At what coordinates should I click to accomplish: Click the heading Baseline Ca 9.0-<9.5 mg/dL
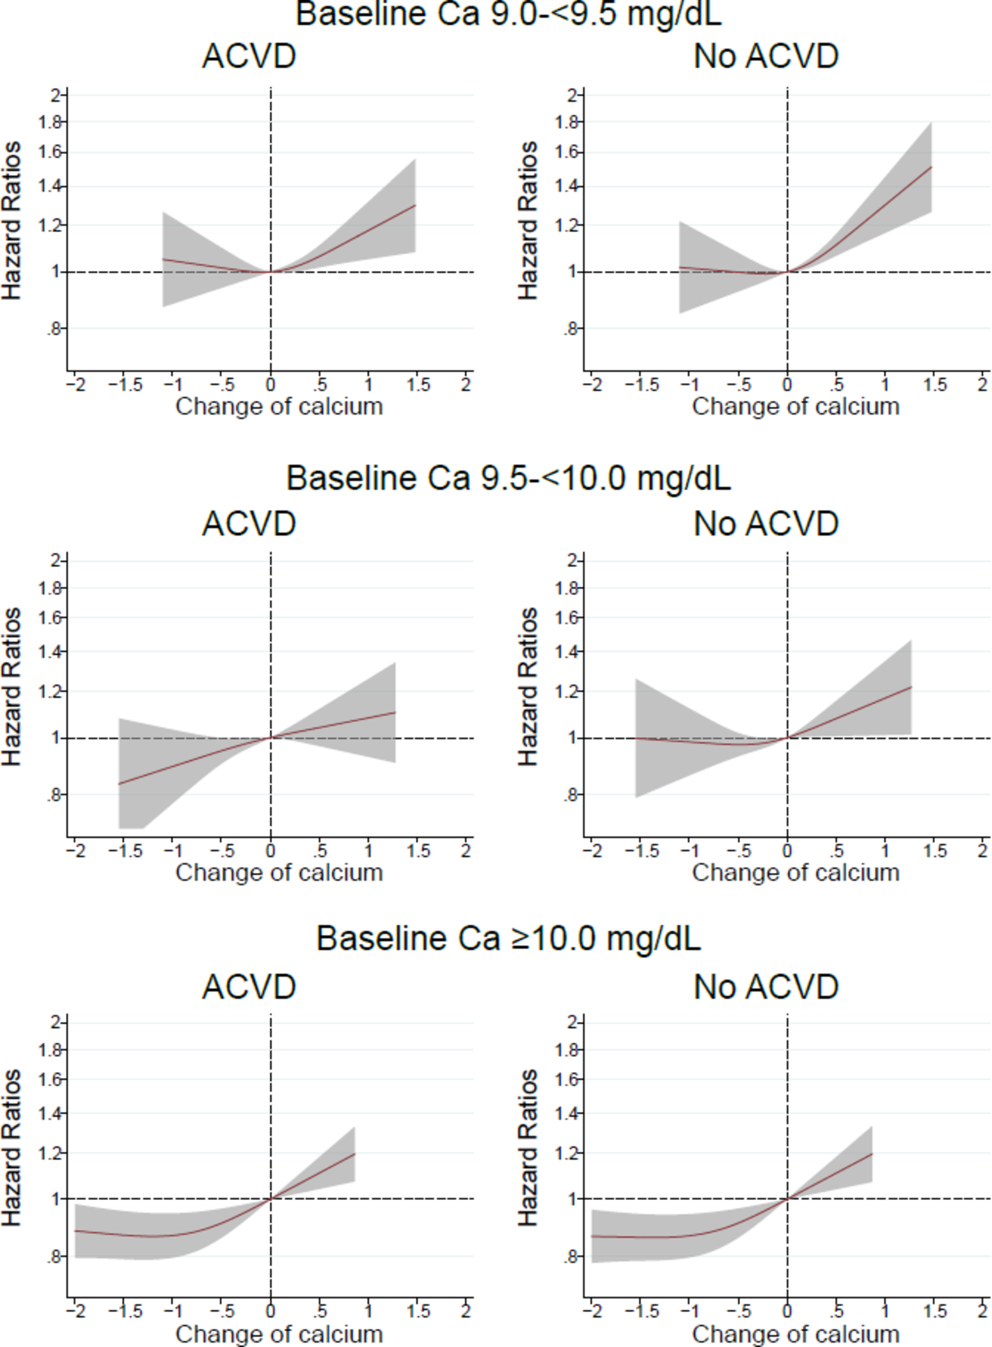(508, 14)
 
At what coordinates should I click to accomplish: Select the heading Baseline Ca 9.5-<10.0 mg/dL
(508, 478)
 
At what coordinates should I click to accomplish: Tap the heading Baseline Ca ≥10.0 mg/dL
(508, 938)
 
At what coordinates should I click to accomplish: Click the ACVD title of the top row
(249, 56)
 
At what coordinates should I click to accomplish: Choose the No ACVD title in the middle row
(766, 524)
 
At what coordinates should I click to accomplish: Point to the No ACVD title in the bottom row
(766, 986)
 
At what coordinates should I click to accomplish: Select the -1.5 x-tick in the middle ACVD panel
(125, 851)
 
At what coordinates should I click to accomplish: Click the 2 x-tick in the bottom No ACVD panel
(982, 1311)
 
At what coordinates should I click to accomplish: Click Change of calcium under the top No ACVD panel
(795, 407)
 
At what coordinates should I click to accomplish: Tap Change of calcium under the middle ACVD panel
(279, 872)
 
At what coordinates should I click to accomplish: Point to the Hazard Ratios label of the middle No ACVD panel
(528, 687)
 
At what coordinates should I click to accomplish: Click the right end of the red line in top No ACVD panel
(931, 167)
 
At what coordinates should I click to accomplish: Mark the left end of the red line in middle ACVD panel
(120, 784)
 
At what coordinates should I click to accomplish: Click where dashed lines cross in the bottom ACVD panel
(271, 1199)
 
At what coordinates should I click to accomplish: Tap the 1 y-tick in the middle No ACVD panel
(572, 738)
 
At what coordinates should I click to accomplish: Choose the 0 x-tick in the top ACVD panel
(271, 385)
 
